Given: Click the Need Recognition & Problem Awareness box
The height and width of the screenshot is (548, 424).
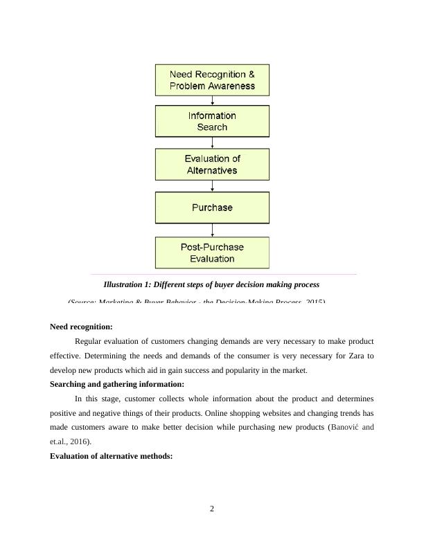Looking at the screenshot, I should (212, 80).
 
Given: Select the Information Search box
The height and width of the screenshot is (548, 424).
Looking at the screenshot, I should (212, 121).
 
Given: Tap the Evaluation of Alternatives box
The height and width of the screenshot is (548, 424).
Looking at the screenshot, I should (212, 165).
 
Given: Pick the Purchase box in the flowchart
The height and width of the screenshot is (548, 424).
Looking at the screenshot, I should (212, 208).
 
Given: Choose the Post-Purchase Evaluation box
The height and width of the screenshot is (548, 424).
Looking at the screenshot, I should (212, 253).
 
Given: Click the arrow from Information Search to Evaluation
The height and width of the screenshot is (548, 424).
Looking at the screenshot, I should (212, 143).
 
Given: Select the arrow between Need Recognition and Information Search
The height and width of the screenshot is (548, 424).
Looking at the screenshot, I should (212, 100).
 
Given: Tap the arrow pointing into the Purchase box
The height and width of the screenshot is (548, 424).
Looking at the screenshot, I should (212, 186).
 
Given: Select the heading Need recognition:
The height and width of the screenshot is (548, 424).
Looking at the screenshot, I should (81, 327).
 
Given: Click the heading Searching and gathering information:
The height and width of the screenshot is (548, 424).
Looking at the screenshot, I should (116, 384).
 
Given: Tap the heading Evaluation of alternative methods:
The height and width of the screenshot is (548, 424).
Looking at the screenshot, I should (111, 456).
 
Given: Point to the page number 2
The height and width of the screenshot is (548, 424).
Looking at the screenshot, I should (212, 509).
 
